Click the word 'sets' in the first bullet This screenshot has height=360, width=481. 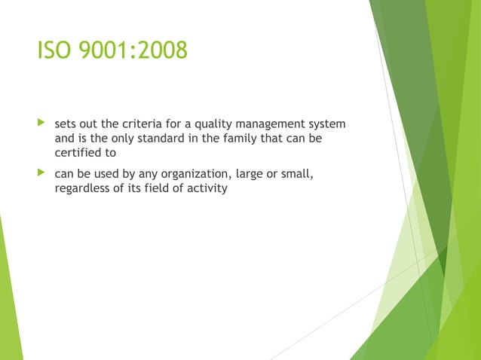pyautogui.click(x=66, y=124)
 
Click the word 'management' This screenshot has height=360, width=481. pyautogui.click(x=272, y=124)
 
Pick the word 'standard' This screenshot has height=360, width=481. pyautogui.click(x=159, y=139)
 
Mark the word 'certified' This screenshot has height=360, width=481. pyautogui.click(x=78, y=154)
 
